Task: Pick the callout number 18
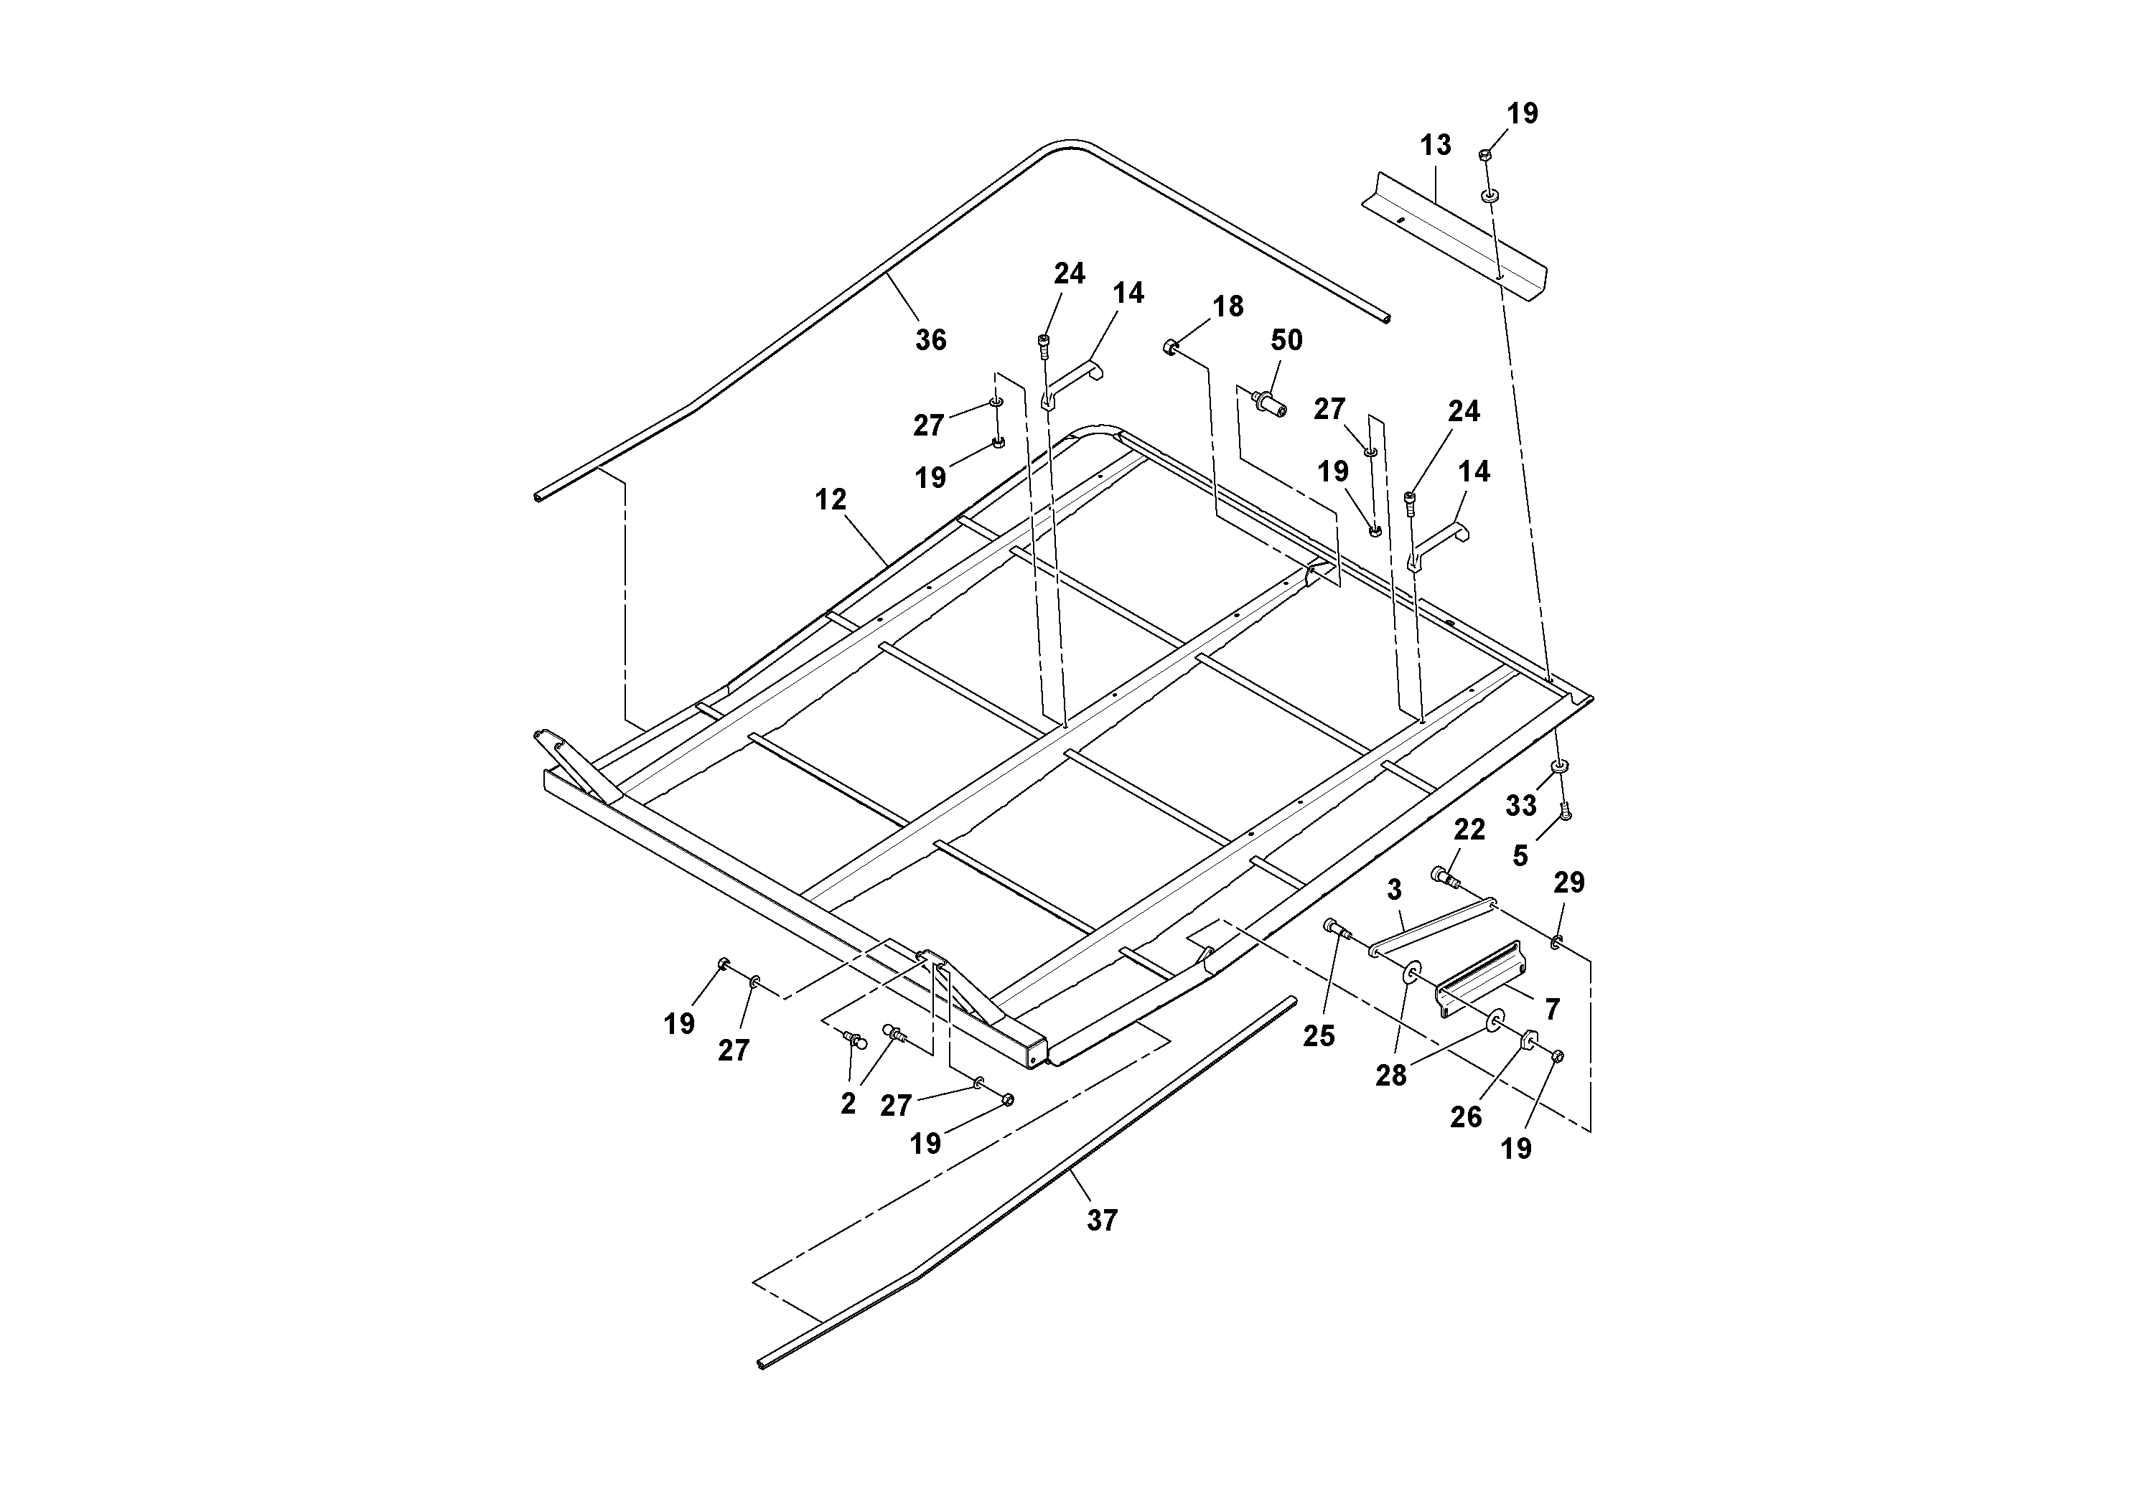1228,306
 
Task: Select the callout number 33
1521,805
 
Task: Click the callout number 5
1520,855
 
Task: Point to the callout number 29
1568,882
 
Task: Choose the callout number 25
1318,1035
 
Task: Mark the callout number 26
1465,1117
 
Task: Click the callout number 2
847,1104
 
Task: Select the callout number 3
1393,890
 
